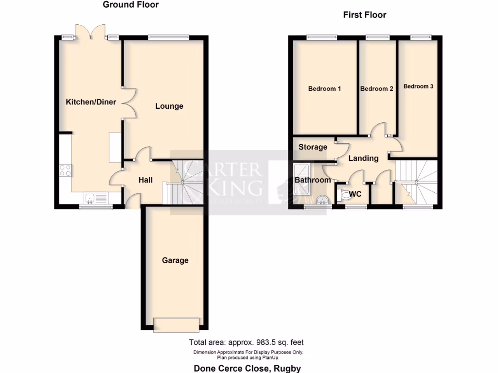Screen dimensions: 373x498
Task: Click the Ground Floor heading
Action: pyautogui.click(x=131, y=5)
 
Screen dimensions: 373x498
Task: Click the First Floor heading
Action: pyautogui.click(x=365, y=15)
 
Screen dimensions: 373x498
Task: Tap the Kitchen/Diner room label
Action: pyautogui.click(x=88, y=102)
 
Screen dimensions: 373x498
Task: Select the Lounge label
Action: pyautogui.click(x=169, y=106)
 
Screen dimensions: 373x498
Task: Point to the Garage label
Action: pyautogui.click(x=175, y=260)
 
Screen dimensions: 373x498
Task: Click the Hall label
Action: pyautogui.click(x=146, y=180)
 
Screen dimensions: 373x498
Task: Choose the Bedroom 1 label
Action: pyautogui.click(x=324, y=89)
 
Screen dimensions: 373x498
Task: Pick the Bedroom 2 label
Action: pyautogui.click(x=377, y=89)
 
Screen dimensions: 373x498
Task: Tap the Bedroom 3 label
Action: pyautogui.click(x=418, y=86)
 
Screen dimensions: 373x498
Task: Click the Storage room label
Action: pyautogui.click(x=313, y=147)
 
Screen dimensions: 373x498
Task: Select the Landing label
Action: pyautogui.click(x=363, y=158)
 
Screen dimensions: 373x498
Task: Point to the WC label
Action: pyautogui.click(x=356, y=194)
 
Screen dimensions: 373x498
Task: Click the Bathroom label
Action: pyautogui.click(x=313, y=180)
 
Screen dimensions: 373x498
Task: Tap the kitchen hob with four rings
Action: pyautogui.click(x=66, y=170)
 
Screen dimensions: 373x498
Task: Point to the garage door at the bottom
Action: pyautogui.click(x=176, y=324)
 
